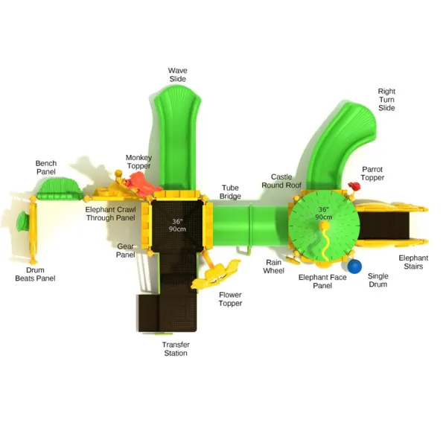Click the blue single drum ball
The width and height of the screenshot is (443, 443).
(354, 267)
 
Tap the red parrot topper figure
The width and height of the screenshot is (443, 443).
(354, 186)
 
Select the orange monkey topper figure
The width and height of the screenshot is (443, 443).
(143, 183)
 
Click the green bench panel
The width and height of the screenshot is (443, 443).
(60, 188)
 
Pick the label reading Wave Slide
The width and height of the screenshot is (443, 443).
(177, 74)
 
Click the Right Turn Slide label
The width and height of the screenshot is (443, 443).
(386, 100)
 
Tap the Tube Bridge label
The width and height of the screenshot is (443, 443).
(230, 192)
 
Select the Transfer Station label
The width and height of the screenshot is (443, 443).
(176, 348)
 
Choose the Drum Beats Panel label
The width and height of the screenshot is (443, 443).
(35, 274)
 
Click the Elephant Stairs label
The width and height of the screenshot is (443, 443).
(413, 262)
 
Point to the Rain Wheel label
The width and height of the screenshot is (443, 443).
(273, 267)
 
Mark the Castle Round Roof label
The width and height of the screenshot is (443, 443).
(281, 181)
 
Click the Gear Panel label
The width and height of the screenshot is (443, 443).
(125, 250)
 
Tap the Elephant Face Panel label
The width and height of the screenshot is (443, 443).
(322, 281)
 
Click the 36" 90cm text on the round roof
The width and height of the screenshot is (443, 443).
(323, 213)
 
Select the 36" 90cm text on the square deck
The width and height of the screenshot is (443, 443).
(177, 225)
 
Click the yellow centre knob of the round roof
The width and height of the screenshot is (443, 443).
(325, 225)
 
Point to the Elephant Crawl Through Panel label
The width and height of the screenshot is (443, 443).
(111, 214)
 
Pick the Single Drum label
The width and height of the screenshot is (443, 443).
(378, 280)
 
